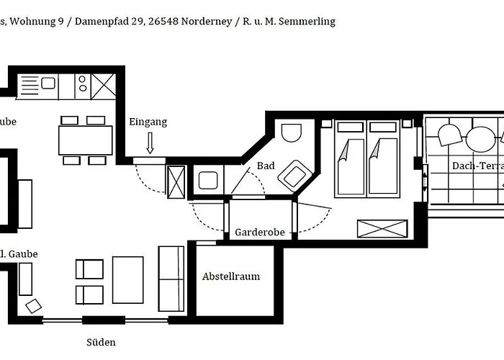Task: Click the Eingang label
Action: click(x=148, y=122)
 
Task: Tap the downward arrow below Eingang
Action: click(x=150, y=143)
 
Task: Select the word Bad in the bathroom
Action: click(x=266, y=166)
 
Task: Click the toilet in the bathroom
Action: click(x=291, y=132)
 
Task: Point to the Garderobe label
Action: click(x=260, y=232)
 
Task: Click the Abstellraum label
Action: click(x=231, y=276)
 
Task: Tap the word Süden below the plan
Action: click(x=101, y=342)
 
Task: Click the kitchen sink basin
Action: click(x=48, y=84)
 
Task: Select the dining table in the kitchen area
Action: click(x=86, y=140)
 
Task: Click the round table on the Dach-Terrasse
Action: click(x=480, y=139)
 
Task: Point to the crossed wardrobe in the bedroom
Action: click(x=382, y=229)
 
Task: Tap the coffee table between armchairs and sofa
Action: click(x=128, y=280)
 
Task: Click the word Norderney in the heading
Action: click(x=207, y=22)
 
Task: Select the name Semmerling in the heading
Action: click(x=307, y=22)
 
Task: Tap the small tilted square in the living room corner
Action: click(x=33, y=306)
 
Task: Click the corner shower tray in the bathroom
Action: click(x=294, y=176)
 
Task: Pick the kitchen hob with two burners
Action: click(x=83, y=84)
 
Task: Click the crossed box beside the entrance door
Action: click(x=176, y=182)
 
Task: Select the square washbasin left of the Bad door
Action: click(x=208, y=180)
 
